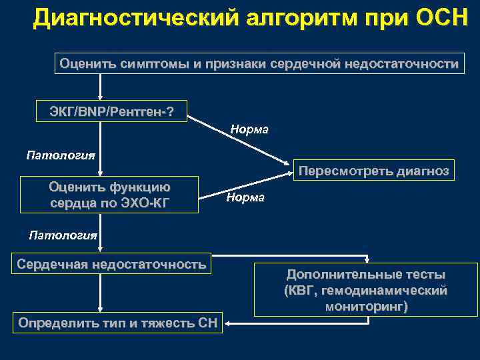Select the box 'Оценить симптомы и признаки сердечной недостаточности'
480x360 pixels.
coord(259,64)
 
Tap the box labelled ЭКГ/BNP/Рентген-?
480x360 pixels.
coord(111,110)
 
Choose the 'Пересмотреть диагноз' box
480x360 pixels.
coord(374,170)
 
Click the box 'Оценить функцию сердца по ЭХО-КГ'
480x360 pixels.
coord(110,195)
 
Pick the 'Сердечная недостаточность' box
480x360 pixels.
coord(111,264)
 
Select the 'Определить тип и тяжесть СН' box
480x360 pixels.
coord(118,324)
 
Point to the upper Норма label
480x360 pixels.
coord(249,129)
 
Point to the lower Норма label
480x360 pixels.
coord(245,197)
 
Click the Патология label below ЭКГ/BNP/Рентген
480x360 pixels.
coord(61,155)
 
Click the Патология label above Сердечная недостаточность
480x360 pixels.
coord(63,235)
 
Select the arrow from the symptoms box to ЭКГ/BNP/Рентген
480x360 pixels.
coord(100,86)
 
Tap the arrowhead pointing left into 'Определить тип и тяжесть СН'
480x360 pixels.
coord(227,323)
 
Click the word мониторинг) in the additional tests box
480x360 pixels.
coord(367,306)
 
